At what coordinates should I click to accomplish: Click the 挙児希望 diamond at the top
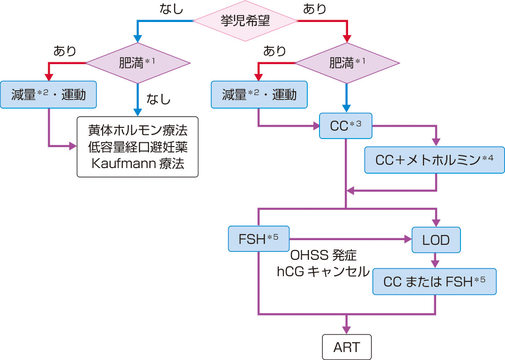point(245,21)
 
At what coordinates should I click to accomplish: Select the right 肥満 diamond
point(347,63)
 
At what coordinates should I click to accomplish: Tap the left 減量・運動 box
point(48,95)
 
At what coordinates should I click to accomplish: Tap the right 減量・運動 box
point(259,95)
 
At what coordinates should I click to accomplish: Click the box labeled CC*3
point(346,125)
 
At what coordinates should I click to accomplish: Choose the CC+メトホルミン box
point(435,160)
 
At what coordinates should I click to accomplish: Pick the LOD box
point(436,240)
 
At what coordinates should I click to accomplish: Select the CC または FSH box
point(434,281)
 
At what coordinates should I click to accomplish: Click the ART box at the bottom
point(347,347)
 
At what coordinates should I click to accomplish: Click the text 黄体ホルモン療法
point(138,130)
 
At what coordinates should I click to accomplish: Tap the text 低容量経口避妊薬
point(138,147)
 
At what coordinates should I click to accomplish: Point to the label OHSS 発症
point(324,256)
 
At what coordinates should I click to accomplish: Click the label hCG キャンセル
point(323,272)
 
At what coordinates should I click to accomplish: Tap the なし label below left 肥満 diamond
point(159,99)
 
